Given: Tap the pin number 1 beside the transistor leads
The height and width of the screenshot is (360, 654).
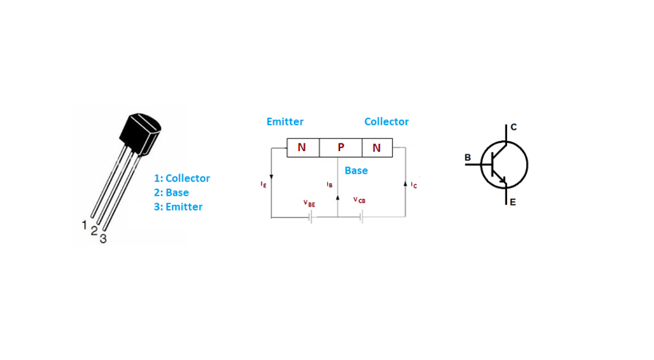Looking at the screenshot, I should click(84, 225).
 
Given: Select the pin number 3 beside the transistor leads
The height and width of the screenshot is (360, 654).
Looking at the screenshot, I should click(102, 239).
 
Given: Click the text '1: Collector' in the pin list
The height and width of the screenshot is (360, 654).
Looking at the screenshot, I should click(182, 178).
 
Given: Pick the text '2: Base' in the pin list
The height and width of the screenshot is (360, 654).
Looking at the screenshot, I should click(171, 192).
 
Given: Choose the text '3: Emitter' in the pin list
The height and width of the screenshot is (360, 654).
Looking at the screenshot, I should click(178, 206).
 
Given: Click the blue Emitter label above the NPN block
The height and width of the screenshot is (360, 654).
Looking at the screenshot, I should click(285, 121).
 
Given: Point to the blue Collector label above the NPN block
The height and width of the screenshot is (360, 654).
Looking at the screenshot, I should click(386, 121).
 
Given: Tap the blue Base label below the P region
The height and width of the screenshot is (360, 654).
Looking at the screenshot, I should click(356, 170).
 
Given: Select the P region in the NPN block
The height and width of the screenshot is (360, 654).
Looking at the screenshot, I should click(340, 148).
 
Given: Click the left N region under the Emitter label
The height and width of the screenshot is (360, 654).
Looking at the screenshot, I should click(301, 148).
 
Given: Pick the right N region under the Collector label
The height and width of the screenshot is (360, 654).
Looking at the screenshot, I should click(377, 148).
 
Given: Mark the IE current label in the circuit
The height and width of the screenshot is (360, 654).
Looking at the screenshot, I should click(263, 185).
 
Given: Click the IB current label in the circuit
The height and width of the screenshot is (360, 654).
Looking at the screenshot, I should click(329, 185).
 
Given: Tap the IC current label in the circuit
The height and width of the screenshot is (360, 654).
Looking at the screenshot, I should click(414, 186).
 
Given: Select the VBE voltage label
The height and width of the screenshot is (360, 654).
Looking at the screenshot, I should click(309, 203).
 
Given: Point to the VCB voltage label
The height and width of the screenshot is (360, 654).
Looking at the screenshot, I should click(359, 200).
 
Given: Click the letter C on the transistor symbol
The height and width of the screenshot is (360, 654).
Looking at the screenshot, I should click(513, 126).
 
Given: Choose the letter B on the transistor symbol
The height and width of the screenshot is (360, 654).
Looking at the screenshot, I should click(468, 157).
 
